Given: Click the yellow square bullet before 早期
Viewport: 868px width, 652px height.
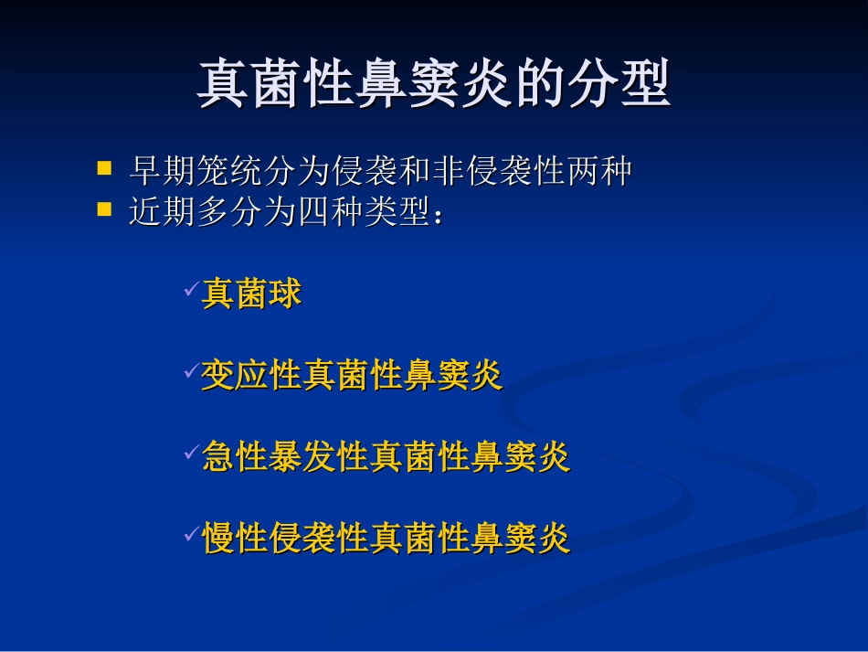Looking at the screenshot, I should click(x=105, y=168).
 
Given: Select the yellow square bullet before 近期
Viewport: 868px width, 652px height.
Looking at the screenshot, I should click(x=105, y=209).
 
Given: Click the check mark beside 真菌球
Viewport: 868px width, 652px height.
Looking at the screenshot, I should click(x=191, y=290).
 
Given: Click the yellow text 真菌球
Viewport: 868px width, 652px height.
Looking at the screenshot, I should click(x=251, y=294).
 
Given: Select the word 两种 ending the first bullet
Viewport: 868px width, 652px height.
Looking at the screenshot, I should click(x=599, y=171).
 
